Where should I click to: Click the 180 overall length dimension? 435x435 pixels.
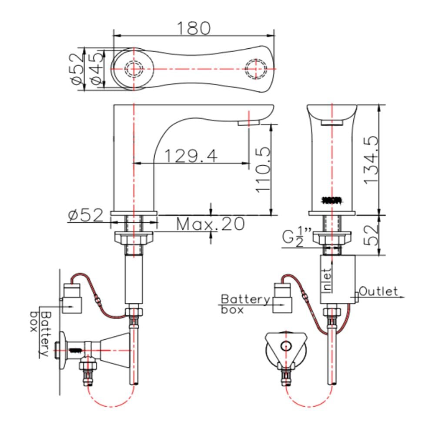tap(194, 28)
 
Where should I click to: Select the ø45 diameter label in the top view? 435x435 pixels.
tap(97, 68)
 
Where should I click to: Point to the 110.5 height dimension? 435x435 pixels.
tap(262, 169)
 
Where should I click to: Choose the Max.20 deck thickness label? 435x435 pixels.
tap(210, 224)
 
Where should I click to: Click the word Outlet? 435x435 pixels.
tap(378, 291)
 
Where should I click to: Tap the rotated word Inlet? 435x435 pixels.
tap(328, 281)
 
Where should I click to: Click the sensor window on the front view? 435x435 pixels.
tap(332, 200)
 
